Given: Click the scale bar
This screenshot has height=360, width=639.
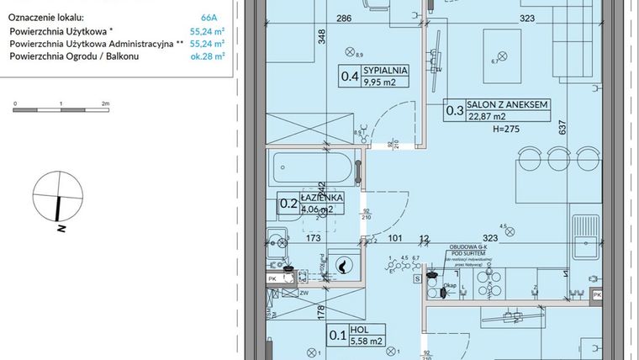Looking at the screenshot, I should (59, 109).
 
